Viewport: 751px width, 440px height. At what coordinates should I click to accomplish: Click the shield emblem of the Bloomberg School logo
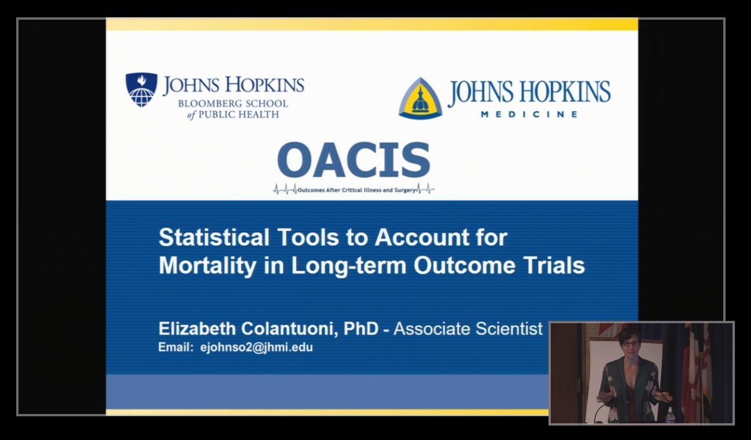pyautogui.click(x=141, y=90)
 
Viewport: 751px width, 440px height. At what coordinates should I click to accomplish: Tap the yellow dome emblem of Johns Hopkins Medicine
pyautogui.click(x=420, y=98)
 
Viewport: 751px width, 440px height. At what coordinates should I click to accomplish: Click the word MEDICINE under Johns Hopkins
pyautogui.click(x=529, y=114)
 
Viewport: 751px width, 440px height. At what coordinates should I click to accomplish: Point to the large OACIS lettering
pyautogui.click(x=354, y=160)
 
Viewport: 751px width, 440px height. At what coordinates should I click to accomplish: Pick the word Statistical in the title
pyautogui.click(x=214, y=237)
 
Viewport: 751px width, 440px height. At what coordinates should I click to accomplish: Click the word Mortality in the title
pyautogui.click(x=208, y=265)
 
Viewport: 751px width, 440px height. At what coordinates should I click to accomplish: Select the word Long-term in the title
pyautogui.click(x=349, y=266)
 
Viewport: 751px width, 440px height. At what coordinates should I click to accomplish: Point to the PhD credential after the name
pyautogui.click(x=361, y=328)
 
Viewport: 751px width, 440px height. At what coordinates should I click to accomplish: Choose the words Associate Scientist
pyautogui.click(x=468, y=328)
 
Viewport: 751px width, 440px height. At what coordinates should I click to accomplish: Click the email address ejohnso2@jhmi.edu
pyautogui.click(x=256, y=347)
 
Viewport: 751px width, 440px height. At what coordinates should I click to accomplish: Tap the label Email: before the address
pyautogui.click(x=176, y=347)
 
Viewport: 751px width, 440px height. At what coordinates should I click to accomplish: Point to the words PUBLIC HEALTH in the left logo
pyautogui.click(x=239, y=114)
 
